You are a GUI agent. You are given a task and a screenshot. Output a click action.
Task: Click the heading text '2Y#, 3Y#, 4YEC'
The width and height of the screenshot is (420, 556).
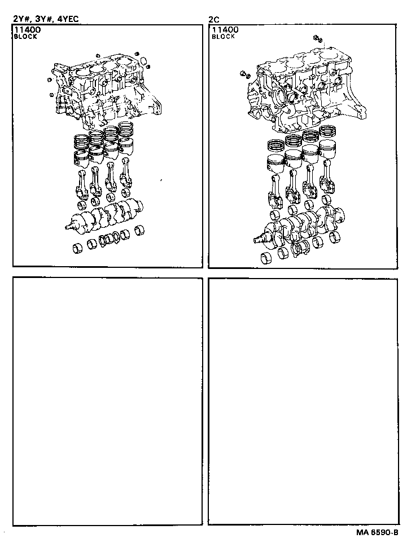tap(46, 19)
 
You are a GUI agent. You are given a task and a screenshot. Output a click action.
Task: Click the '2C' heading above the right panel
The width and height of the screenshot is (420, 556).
tap(214, 19)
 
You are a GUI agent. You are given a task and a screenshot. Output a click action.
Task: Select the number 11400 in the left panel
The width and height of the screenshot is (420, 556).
tap(27, 30)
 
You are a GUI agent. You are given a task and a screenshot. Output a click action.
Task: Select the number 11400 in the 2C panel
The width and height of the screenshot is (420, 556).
tap(224, 30)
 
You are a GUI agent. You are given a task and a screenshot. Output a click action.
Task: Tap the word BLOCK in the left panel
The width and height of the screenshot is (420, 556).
tap(25, 37)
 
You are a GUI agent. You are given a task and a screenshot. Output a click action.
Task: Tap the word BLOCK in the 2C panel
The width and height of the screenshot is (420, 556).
tap(223, 37)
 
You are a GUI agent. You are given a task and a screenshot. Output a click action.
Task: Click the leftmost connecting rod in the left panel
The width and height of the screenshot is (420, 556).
tap(82, 183)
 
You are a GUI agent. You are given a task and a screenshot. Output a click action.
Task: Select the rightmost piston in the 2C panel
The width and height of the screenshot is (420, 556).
tap(327, 150)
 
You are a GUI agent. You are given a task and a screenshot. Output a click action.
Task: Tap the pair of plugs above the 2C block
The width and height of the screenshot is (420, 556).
tap(317, 39)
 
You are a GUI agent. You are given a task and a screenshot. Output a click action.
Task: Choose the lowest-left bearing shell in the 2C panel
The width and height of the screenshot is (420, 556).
tap(268, 259)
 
